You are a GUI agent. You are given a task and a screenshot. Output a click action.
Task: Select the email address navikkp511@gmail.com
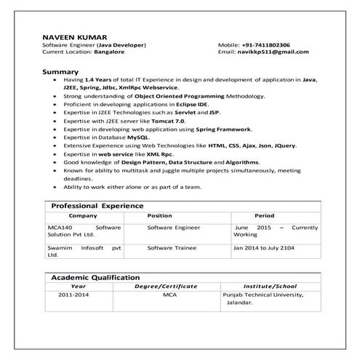click(x=273, y=52)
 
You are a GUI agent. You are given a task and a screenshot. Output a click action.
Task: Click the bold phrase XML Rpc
click(x=159, y=155)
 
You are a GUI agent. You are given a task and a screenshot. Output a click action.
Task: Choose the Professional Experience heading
click(x=97, y=206)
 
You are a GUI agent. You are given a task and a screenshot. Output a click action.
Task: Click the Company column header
click(x=83, y=216)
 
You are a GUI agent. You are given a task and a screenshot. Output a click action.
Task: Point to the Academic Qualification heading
click(x=95, y=277)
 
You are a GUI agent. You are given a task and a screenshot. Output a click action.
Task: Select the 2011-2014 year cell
click(x=74, y=296)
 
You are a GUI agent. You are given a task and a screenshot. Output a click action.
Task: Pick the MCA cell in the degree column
click(x=169, y=296)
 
